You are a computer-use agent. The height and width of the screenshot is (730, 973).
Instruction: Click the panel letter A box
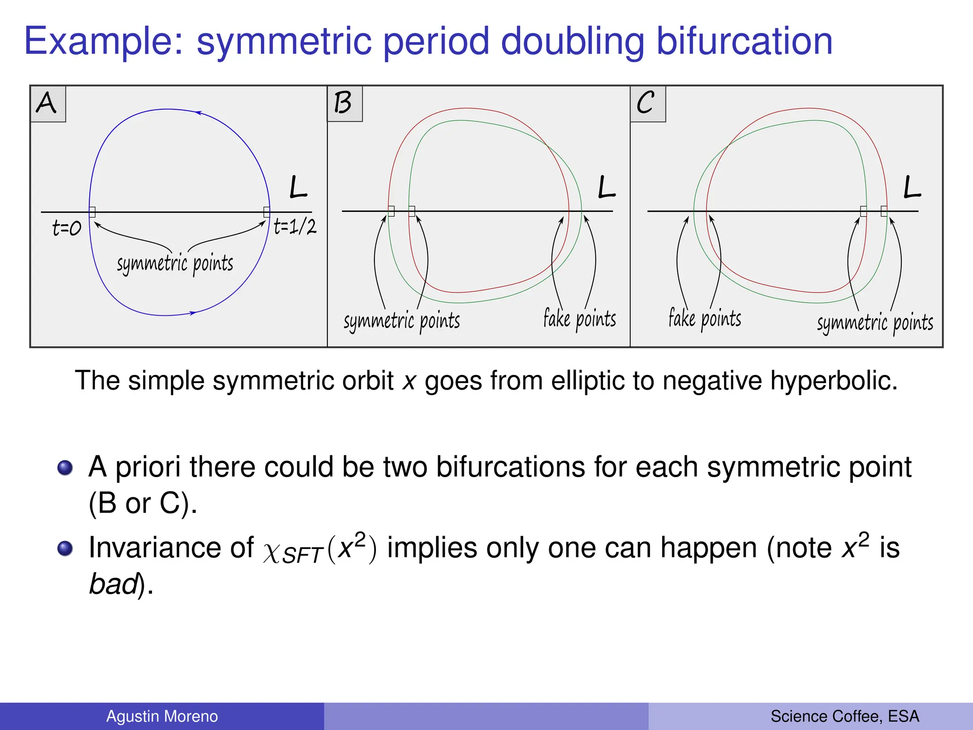[x=48, y=104]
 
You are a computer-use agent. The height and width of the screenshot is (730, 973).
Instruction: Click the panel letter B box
[x=344, y=104]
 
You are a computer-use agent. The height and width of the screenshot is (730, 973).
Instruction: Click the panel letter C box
[x=647, y=104]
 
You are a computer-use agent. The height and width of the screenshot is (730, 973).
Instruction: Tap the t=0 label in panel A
[x=67, y=229]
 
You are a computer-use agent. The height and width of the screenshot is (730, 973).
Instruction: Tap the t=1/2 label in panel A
[x=295, y=227]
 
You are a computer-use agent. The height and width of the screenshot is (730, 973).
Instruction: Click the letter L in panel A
[x=298, y=187]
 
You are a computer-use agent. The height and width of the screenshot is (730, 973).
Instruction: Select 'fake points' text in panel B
[x=580, y=319]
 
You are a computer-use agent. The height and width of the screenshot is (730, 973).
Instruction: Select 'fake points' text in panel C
[x=705, y=318]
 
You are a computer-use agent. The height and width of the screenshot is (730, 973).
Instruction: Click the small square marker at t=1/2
[x=267, y=212]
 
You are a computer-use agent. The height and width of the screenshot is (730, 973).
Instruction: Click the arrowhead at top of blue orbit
[x=199, y=113]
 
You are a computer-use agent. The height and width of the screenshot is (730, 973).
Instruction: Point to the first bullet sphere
[x=65, y=468]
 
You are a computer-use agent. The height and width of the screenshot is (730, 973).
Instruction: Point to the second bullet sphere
[x=65, y=548]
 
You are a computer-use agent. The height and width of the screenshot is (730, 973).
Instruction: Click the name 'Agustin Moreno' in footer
[x=162, y=716]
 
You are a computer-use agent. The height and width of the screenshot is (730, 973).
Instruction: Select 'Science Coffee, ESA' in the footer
[x=844, y=716]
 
